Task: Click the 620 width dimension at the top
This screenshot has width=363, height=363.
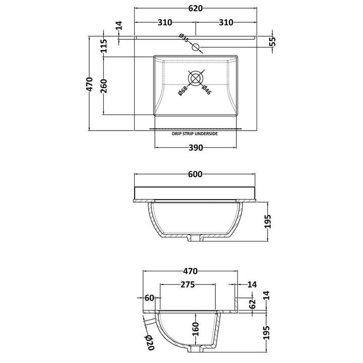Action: [196, 9]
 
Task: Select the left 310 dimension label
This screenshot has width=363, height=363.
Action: [165, 23]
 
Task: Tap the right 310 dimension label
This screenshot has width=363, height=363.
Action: [226, 23]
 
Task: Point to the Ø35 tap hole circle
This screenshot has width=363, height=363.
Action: [196, 47]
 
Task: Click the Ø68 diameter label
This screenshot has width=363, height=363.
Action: [183, 91]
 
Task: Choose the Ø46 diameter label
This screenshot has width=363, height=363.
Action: [206, 90]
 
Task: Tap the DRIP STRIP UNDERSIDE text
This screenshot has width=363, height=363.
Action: [195, 134]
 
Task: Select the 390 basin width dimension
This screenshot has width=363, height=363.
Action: [196, 148]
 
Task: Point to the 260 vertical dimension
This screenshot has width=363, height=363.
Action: [104, 86]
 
